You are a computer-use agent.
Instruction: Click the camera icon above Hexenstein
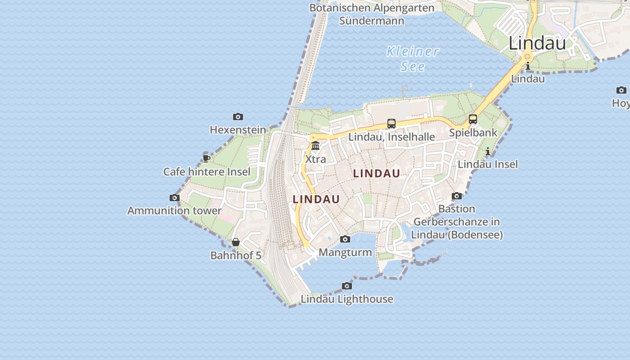[x=238, y=117]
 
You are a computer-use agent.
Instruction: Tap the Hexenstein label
[x=238, y=130]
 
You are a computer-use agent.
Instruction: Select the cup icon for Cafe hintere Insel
[x=206, y=158]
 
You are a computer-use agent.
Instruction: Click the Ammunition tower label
[x=175, y=211]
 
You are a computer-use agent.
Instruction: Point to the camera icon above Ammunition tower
[x=175, y=198]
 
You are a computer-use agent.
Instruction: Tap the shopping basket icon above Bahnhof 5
[x=235, y=243]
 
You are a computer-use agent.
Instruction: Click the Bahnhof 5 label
[x=236, y=256]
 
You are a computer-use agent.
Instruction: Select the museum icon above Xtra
[x=315, y=146]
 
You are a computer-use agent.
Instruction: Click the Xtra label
[x=315, y=159]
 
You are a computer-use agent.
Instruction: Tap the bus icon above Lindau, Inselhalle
[x=391, y=124]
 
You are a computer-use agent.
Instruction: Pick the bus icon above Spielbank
[x=473, y=119]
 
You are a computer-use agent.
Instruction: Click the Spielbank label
[x=473, y=133]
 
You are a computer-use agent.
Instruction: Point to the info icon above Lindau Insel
[x=488, y=151]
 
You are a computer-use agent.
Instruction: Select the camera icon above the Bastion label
[x=457, y=196]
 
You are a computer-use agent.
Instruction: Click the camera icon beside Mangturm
[x=345, y=239]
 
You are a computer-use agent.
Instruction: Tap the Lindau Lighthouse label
[x=347, y=299]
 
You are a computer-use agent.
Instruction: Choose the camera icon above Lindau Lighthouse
[x=346, y=286]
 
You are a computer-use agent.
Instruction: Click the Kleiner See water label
[x=413, y=58]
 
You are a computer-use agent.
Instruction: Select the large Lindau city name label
[x=537, y=43]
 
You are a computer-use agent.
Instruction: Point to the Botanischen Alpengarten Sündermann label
[x=372, y=14]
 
